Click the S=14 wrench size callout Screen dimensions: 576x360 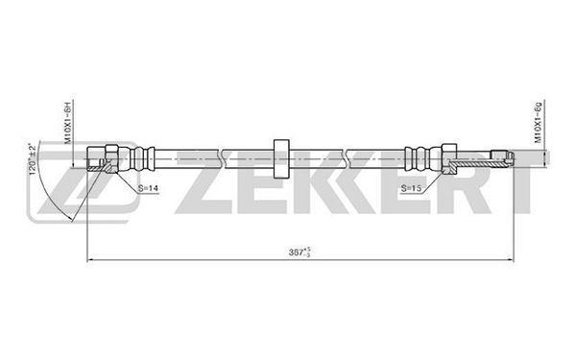coord(148,188)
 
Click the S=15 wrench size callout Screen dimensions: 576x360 coord(411,188)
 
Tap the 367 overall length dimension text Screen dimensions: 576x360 coord(300,252)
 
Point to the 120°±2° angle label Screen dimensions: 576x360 coord(33,159)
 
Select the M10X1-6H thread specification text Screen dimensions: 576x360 coord(67,122)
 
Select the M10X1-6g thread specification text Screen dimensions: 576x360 coord(539,122)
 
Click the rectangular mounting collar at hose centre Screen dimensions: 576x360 coord(281,158)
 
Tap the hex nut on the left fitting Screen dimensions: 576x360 coord(111,158)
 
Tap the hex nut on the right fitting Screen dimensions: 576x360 coord(449,158)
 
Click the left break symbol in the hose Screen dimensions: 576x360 coord(222,158)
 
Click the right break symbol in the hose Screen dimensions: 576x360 coord(348,158)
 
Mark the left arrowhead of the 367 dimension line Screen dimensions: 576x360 coord(90,260)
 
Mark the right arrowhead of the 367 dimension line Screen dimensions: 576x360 coord(510,260)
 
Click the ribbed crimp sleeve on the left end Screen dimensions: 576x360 coord(142,158)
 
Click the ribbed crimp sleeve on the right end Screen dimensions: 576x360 coord(418,158)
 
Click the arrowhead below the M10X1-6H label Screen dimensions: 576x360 coord(74,164)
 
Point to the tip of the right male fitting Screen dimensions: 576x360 coord(513,158)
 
